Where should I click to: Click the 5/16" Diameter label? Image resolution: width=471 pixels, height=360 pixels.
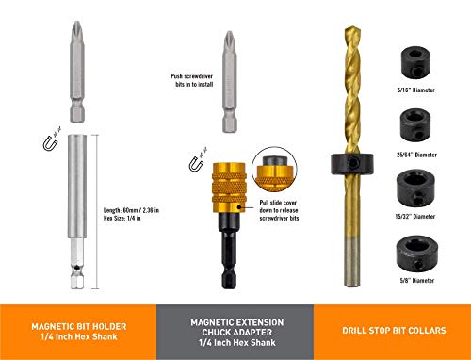click(415, 90)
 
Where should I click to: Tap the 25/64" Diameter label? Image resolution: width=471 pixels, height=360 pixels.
click(416, 155)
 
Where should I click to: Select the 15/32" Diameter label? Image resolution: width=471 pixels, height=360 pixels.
click(415, 216)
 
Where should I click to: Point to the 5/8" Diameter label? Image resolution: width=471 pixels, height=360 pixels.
click(417, 280)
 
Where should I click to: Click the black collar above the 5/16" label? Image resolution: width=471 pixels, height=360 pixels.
click(415, 62)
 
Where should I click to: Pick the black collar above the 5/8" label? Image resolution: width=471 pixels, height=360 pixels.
click(415, 254)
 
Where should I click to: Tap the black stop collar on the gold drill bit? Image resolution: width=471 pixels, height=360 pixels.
click(352, 164)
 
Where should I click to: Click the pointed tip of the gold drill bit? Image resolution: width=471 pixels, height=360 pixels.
click(352, 27)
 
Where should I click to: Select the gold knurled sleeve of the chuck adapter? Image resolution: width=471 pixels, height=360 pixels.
click(229, 188)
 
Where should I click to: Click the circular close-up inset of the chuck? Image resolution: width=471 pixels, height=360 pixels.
click(274, 170)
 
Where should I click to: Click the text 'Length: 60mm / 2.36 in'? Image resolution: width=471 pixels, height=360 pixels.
click(131, 210)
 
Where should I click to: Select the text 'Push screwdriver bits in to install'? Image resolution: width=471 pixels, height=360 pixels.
click(192, 80)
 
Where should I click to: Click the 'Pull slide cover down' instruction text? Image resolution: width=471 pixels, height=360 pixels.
click(279, 210)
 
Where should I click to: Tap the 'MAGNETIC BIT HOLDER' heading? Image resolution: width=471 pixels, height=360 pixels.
click(79, 326)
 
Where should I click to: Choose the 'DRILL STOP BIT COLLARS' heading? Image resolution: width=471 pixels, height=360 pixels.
click(394, 331)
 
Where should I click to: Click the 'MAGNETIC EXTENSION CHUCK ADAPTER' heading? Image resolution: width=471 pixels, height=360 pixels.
click(237, 327)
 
